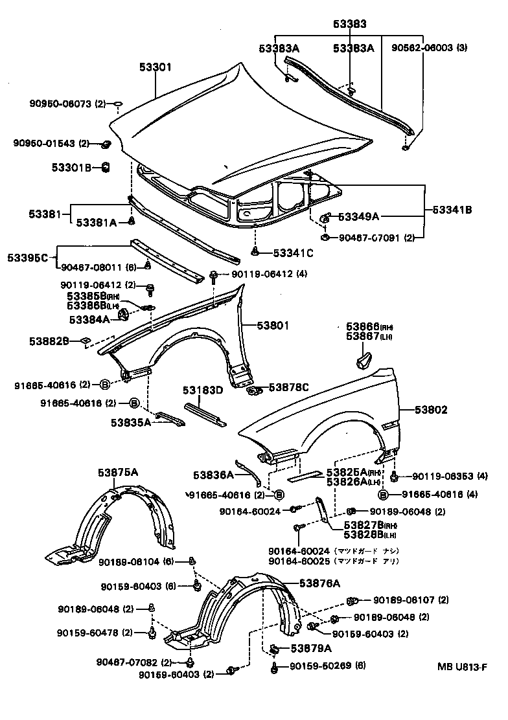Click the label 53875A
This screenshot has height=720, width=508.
click(x=118, y=471)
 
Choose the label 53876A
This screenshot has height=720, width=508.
click(x=319, y=583)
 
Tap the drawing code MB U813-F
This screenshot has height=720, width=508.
click(x=460, y=666)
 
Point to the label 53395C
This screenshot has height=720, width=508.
click(x=28, y=258)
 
